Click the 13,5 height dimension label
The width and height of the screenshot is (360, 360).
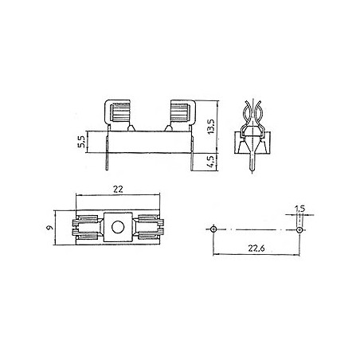click(211, 127)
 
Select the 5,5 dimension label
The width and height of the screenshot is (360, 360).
click(81, 142)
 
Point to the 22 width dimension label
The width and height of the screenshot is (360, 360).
click(118, 190)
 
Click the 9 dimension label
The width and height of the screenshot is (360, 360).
click(49, 228)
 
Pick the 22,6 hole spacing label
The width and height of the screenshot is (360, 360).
click(256, 248)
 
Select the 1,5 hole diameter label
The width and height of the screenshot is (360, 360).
click(300, 209)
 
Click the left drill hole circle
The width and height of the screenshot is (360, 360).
click(213, 229)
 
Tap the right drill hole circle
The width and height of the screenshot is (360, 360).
click(299, 229)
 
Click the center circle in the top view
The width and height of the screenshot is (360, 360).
click(118, 227)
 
